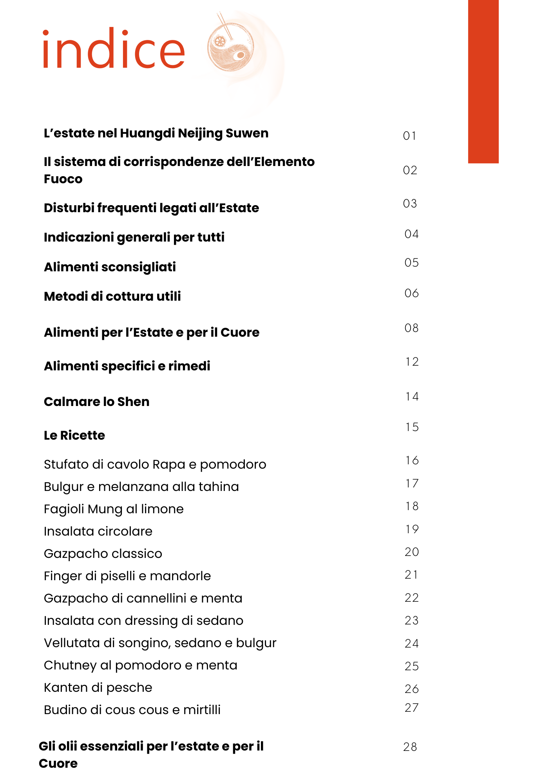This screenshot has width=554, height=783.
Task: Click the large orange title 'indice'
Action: coord(114,49)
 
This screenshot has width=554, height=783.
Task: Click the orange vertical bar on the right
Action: coord(483,81)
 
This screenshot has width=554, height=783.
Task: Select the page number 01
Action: coord(409,136)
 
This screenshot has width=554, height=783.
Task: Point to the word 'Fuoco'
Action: coord(63,179)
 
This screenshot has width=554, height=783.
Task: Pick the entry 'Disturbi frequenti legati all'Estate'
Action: coord(151,208)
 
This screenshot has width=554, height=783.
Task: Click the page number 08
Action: coord(411,328)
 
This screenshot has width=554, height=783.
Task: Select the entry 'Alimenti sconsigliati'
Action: coord(110,267)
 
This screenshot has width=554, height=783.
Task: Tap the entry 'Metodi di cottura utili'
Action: coord(112,296)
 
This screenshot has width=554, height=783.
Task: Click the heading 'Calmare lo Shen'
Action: coord(96,402)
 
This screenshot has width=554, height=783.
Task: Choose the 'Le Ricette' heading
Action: coord(74,435)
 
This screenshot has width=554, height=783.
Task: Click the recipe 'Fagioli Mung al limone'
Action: coord(114,509)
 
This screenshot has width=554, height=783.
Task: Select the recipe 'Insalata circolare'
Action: coord(98,531)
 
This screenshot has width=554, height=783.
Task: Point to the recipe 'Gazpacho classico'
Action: coord(103,554)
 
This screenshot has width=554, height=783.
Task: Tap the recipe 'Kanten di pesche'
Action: coord(98,687)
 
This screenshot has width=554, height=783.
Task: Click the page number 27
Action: coord(411,708)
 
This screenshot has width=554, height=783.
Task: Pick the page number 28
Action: coord(410,747)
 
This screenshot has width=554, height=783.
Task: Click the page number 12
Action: coord(412,362)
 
